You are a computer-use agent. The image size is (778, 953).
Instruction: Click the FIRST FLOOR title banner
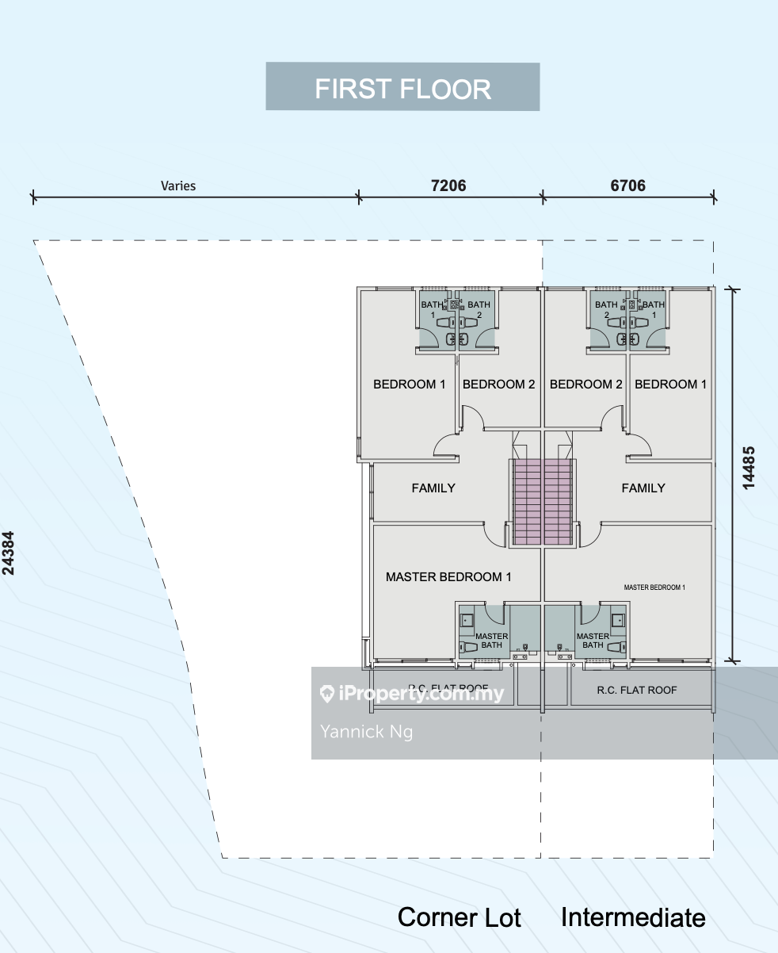[402, 87]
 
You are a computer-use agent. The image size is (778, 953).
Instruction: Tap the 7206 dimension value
[448, 186]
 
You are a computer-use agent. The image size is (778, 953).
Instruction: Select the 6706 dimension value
[627, 186]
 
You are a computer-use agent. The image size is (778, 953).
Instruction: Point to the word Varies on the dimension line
[178, 186]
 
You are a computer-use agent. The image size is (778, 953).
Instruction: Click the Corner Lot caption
[459, 917]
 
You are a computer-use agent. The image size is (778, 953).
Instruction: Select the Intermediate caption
[633, 917]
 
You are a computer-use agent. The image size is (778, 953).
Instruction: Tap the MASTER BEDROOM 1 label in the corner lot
[448, 576]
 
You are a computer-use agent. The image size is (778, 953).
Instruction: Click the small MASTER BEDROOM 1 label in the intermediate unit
[654, 587]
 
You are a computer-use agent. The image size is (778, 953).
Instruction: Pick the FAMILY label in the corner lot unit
[433, 488]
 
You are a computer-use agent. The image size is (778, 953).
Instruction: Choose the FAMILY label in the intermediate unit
[643, 488]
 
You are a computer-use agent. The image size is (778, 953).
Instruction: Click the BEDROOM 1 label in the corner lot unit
[410, 384]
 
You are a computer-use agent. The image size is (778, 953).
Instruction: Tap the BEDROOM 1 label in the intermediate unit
[671, 384]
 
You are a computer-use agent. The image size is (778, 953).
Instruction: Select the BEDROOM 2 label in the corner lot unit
[499, 384]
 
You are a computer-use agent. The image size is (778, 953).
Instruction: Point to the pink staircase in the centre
[543, 501]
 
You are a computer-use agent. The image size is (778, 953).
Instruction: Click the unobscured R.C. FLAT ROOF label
[637, 690]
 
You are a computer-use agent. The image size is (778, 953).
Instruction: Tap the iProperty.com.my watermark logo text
[421, 694]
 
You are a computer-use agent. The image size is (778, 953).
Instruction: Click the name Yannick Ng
[366, 731]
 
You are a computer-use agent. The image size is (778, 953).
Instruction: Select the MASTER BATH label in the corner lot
[492, 641]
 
